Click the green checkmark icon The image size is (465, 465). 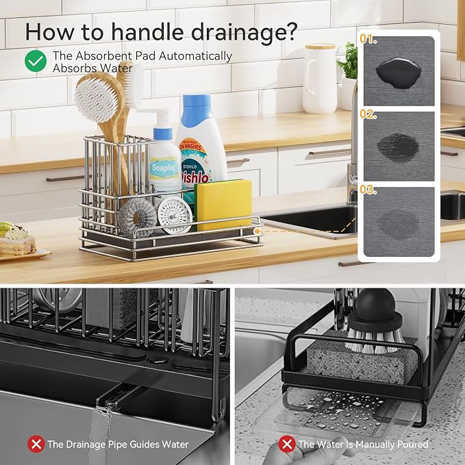36,61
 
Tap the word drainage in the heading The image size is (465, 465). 244,32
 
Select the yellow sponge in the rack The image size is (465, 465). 223,204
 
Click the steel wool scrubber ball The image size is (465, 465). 138,218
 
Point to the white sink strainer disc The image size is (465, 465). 175,215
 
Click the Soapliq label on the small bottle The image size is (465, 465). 164,168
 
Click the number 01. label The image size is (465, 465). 368,39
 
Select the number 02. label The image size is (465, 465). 368,114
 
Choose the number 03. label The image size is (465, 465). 368,190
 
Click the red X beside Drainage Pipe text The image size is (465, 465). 36,444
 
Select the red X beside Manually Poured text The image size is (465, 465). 287,444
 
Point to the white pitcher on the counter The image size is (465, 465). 320,79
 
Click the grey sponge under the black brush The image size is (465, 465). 361,361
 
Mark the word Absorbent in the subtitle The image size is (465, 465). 103,55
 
